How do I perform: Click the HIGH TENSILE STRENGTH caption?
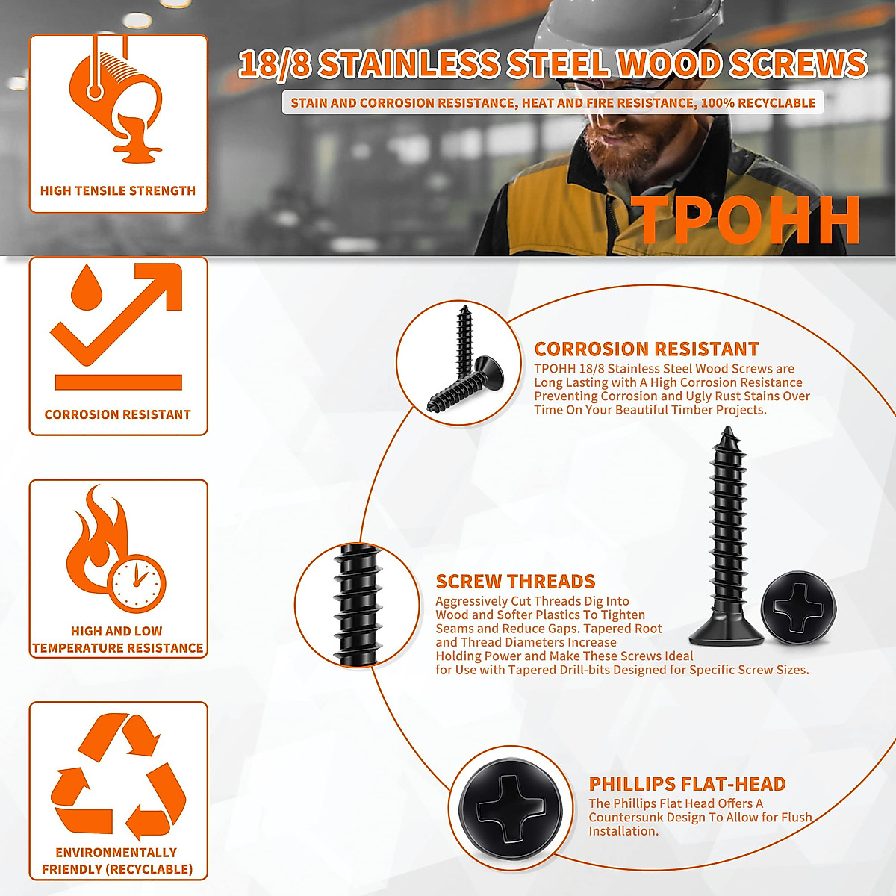[x=118, y=191]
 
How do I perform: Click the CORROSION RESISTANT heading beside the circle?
[x=646, y=349]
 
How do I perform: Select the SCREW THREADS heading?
[x=515, y=582]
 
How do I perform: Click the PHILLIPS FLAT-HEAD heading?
[x=687, y=784]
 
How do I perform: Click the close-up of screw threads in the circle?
[x=358, y=605]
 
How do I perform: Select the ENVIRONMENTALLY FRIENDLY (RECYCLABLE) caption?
[x=117, y=861]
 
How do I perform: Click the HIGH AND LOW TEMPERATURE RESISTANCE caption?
[x=117, y=640]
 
